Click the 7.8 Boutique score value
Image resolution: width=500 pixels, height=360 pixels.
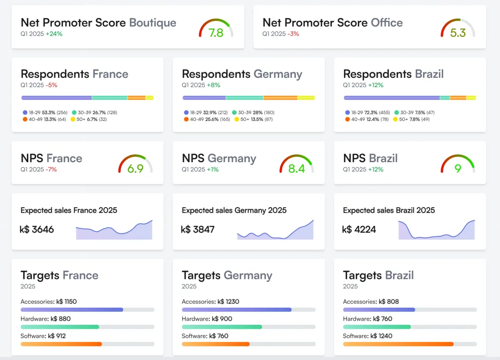216,33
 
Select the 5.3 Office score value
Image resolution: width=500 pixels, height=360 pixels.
458,33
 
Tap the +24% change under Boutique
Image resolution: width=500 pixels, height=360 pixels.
54,34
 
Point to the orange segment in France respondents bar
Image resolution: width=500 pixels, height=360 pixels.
137,98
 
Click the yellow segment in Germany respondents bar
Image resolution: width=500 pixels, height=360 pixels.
306,98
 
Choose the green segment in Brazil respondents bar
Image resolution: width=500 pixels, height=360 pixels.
445,98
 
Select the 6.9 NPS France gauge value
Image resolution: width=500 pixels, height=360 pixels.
135,168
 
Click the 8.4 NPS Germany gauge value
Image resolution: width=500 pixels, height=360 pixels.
296,168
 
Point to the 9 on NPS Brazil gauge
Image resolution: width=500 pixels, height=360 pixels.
458,168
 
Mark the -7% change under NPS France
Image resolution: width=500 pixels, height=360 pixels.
51,170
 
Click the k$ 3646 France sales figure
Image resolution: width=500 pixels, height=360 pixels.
37,229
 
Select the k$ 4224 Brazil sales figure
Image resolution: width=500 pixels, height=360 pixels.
359,229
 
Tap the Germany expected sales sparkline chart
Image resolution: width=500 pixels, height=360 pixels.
275,230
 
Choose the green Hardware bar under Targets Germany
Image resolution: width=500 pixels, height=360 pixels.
222,327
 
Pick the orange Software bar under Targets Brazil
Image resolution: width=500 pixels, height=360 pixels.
398,344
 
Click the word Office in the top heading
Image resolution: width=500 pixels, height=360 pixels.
387,23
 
